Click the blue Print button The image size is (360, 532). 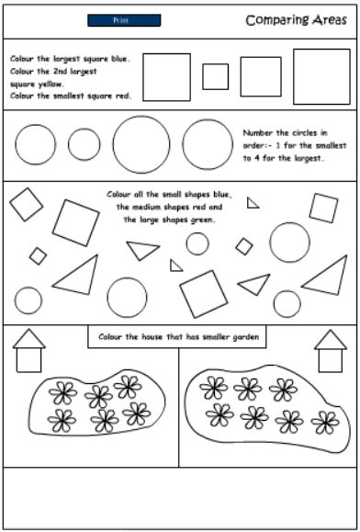pyautogui.click(x=124, y=20)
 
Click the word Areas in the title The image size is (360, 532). pyautogui.click(x=330, y=20)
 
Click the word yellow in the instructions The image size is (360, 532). pyautogui.click(x=50, y=85)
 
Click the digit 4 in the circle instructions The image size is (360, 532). pyautogui.click(x=256, y=158)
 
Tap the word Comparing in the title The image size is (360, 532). pyautogui.click(x=277, y=21)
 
